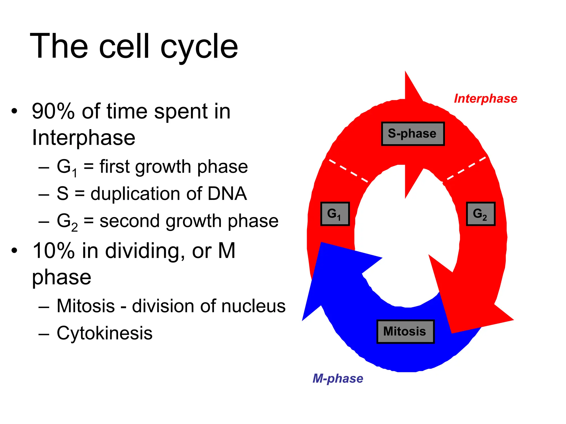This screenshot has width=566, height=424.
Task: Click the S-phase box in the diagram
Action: (x=413, y=134)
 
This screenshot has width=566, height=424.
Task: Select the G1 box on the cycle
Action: (x=335, y=214)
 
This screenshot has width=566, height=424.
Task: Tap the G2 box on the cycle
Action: (x=480, y=214)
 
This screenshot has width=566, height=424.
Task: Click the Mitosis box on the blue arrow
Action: (x=405, y=332)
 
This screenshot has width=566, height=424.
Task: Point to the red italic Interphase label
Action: (x=485, y=99)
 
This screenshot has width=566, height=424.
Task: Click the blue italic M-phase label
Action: (x=337, y=378)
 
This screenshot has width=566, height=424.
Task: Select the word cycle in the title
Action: (x=199, y=47)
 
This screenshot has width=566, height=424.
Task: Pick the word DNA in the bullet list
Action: (x=227, y=194)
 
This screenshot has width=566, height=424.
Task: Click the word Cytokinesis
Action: (x=104, y=333)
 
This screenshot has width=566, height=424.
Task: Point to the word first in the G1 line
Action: (x=114, y=167)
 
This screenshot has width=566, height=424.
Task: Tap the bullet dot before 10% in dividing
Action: (x=14, y=251)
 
